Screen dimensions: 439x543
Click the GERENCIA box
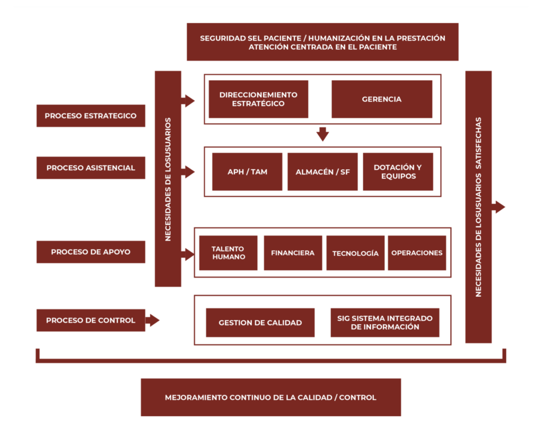[x=382, y=99]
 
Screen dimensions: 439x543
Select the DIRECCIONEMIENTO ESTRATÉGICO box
[x=258, y=99]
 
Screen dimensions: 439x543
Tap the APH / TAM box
[x=247, y=171]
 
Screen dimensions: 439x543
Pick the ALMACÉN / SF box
[x=322, y=171]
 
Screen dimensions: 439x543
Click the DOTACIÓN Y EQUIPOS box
[x=398, y=171]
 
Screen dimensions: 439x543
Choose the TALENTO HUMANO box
[x=229, y=253]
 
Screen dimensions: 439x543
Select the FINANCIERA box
[x=293, y=253]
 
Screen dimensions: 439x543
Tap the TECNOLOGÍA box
[x=355, y=253]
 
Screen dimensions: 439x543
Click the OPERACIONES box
[x=417, y=253]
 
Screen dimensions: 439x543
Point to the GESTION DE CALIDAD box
[x=260, y=323]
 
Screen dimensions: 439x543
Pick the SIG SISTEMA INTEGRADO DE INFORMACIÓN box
[x=385, y=323]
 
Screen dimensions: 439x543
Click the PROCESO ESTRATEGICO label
[x=91, y=116]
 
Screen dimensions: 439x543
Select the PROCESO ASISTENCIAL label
[x=91, y=168]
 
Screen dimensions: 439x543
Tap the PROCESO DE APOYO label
[x=91, y=252]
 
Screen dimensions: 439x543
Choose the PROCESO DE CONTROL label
[x=91, y=320]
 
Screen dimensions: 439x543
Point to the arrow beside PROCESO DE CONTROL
[x=152, y=320]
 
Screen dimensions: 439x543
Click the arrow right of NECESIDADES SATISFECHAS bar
[x=498, y=207]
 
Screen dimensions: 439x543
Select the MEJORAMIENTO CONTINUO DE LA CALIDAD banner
[x=270, y=397]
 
